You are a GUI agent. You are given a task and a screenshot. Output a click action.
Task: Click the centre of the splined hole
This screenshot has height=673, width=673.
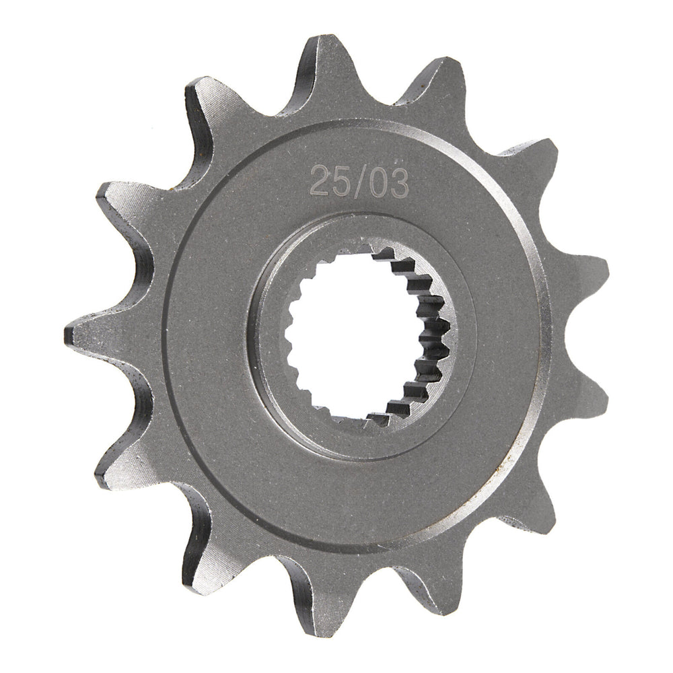point(361,336)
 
